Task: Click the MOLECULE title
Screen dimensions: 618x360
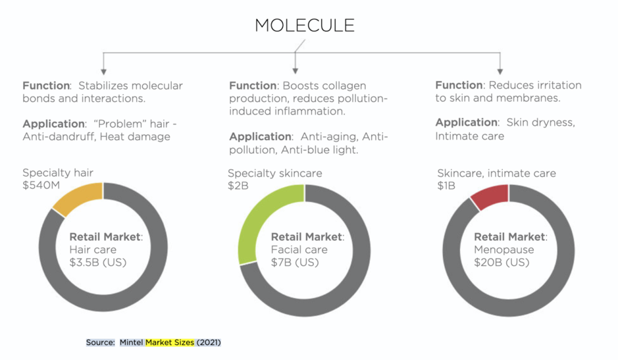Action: pyautogui.click(x=305, y=26)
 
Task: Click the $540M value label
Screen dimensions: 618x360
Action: pyautogui.click(x=41, y=186)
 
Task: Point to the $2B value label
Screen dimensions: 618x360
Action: pyautogui.click(x=238, y=186)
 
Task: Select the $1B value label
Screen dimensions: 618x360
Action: pyautogui.click(x=446, y=186)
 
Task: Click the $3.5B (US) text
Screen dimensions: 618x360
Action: pyautogui.click(x=98, y=263)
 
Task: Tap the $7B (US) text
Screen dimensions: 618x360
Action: pyautogui.click(x=295, y=263)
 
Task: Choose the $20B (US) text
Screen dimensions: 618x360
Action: pyautogui.click(x=502, y=263)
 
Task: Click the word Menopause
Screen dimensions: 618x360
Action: pyautogui.click(x=503, y=249)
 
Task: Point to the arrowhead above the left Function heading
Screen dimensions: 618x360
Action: pyautogui.click(x=103, y=72)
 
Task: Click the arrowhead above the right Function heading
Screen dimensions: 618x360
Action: pyautogui.click(x=500, y=72)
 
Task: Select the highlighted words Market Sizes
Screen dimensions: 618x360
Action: pyautogui.click(x=170, y=342)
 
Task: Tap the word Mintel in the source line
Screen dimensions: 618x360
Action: pyautogui.click(x=131, y=342)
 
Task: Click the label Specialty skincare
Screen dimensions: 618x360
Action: pyautogui.click(x=274, y=173)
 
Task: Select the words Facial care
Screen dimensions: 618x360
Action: pyautogui.click(x=299, y=249)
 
